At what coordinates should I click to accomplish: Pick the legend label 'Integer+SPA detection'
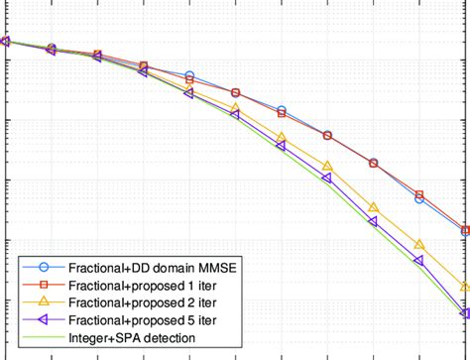pyautogui.click(x=131, y=338)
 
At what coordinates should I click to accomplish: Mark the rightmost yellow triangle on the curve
pyautogui.click(x=466, y=287)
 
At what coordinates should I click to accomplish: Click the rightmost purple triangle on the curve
pyautogui.click(x=465, y=313)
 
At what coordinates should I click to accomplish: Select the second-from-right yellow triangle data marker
pyautogui.click(x=419, y=244)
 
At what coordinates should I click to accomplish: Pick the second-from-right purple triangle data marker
pyautogui.click(x=419, y=261)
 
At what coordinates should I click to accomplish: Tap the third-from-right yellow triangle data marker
pyautogui.click(x=374, y=207)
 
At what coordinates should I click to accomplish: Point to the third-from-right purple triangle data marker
pyautogui.click(x=374, y=221)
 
